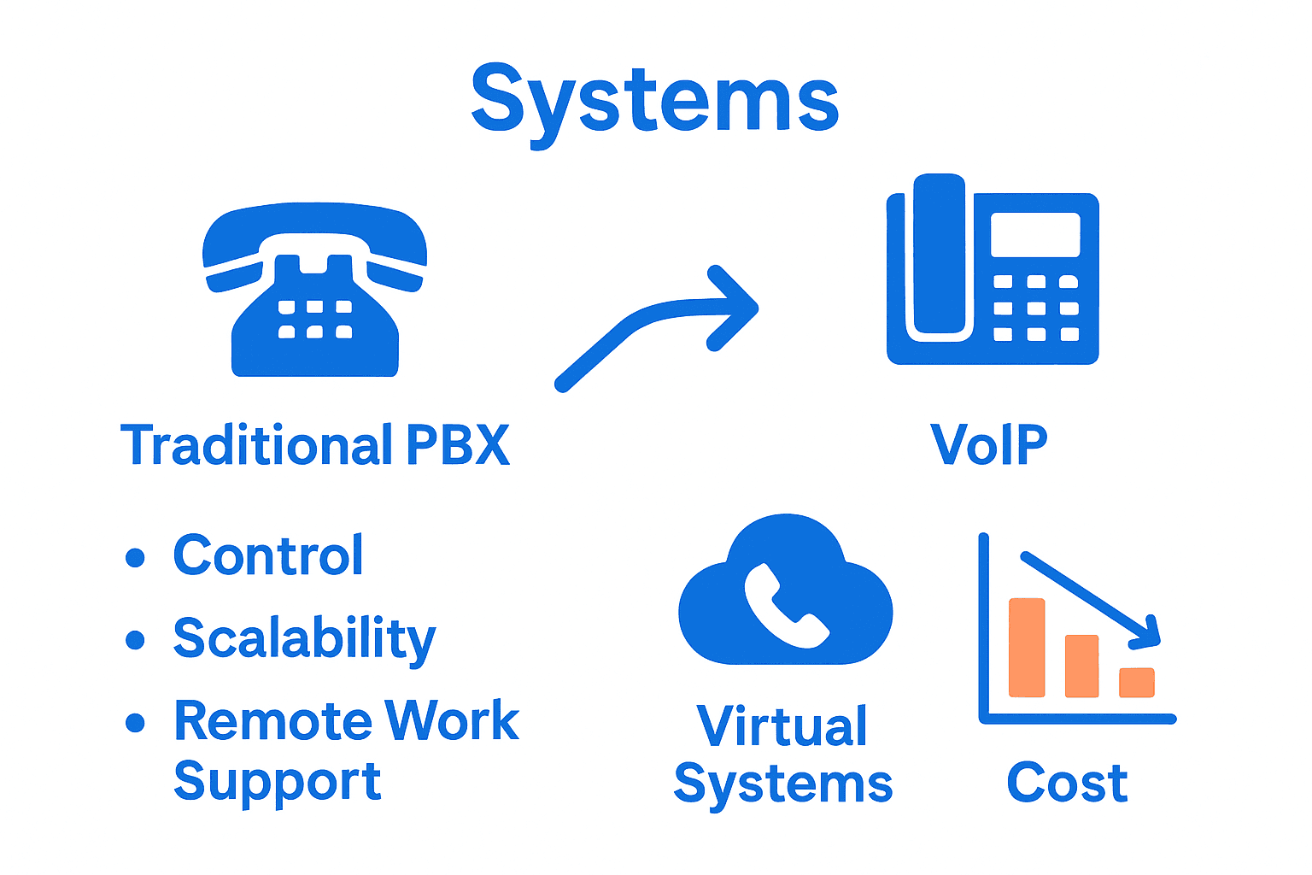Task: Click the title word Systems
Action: [x=655, y=101]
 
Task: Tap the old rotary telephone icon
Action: [x=314, y=291]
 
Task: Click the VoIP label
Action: [x=988, y=445]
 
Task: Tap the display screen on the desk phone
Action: [x=1034, y=234]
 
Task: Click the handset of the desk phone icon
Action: [x=940, y=256]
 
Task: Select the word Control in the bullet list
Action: [x=268, y=555]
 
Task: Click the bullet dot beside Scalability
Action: [x=135, y=640]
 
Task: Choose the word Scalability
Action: [x=304, y=639]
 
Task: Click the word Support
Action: [x=277, y=781]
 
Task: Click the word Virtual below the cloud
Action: [x=782, y=726]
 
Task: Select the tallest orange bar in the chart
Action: [x=1027, y=648]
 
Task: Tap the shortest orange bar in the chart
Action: [x=1137, y=682]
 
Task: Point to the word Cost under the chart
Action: [x=1067, y=783]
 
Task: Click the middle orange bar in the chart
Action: [x=1081, y=666]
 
